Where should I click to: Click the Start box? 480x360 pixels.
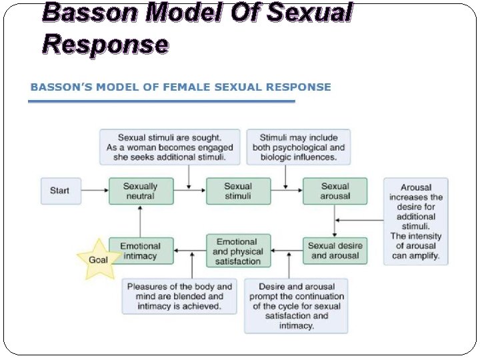[x=59, y=191]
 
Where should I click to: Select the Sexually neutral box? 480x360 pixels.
[x=140, y=191]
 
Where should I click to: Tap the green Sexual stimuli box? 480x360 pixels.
[x=238, y=191]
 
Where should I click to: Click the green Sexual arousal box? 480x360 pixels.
[x=335, y=191]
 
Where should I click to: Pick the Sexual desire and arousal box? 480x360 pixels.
[x=335, y=251]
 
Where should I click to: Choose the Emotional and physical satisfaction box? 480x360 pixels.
[x=238, y=251]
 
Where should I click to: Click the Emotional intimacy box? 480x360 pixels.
[x=140, y=251]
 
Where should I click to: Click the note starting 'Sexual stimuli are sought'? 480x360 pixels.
[x=171, y=147]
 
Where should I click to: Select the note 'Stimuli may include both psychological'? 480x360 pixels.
[x=298, y=147]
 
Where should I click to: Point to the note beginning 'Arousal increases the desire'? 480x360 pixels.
[x=416, y=221]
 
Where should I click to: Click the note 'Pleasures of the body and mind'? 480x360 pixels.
[x=179, y=296]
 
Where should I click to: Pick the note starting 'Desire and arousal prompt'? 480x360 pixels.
[x=296, y=305]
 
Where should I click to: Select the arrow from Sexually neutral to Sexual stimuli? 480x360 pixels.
[x=191, y=191]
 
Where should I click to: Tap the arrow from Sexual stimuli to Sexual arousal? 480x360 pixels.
[x=287, y=191]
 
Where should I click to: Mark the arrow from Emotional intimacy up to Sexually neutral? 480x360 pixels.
[x=140, y=220]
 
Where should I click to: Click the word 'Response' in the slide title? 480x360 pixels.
[x=105, y=43]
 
